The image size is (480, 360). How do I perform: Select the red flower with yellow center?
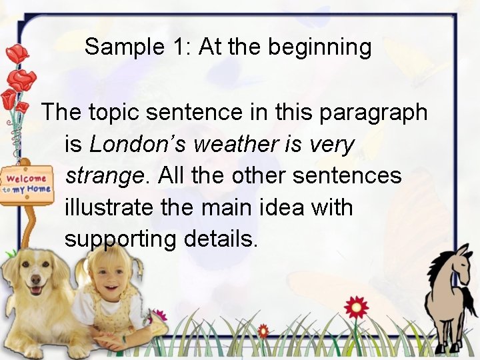[x=356, y=307]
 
